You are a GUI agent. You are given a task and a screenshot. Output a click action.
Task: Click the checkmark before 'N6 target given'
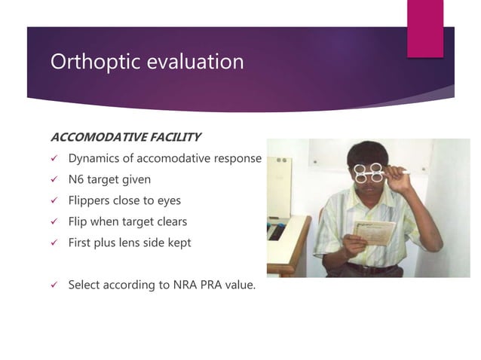click(x=54, y=180)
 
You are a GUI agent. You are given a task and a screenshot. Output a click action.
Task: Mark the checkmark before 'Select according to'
click(x=54, y=285)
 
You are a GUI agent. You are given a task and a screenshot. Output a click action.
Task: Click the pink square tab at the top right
click(x=424, y=29)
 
